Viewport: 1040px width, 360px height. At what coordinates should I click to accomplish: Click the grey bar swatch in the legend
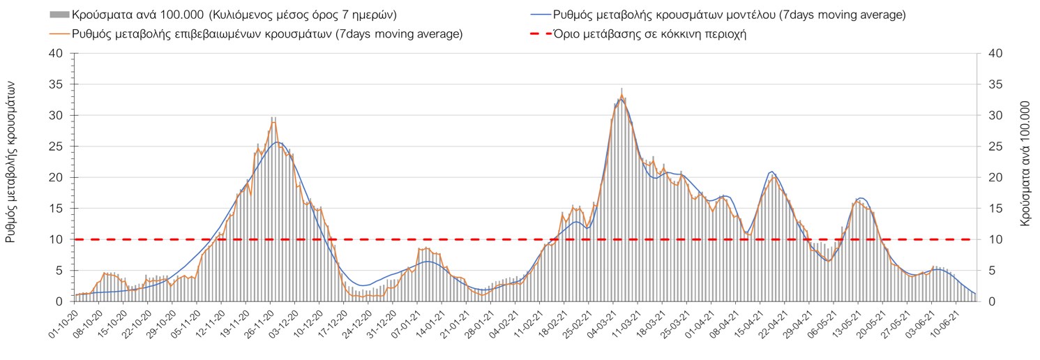[x=60, y=15]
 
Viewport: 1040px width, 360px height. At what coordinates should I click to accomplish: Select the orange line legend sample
[x=60, y=33]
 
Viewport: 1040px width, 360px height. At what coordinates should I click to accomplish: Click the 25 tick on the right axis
[x=990, y=147]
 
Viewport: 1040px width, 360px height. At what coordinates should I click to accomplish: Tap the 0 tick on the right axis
[x=987, y=301]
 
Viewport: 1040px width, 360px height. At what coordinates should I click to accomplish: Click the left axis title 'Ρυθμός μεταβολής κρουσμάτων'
[x=11, y=160]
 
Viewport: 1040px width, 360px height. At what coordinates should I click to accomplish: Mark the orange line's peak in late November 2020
[x=273, y=122]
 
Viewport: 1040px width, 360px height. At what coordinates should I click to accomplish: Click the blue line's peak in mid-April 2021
[x=771, y=171]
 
